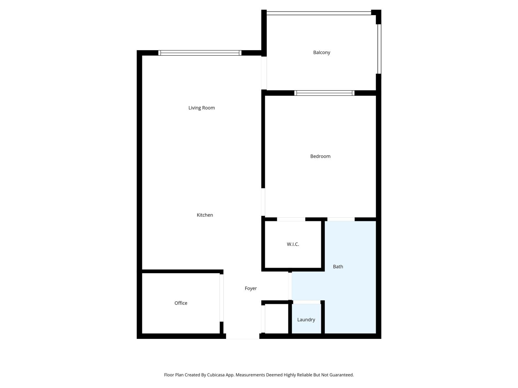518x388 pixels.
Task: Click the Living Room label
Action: tap(201, 108)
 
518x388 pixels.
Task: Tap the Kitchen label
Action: tap(205, 215)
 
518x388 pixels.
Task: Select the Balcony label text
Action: tap(321, 53)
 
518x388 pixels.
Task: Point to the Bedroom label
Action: tap(320, 156)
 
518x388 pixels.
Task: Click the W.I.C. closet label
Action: tap(293, 244)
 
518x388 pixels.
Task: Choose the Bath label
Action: tap(338, 267)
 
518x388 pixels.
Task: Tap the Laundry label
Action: tap(306, 320)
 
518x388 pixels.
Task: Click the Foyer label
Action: tap(251, 288)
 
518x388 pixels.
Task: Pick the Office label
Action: tap(181, 303)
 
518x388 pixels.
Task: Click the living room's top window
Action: tap(200, 53)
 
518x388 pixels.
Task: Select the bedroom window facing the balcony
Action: tap(324, 93)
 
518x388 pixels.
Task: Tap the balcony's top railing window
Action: tap(319, 13)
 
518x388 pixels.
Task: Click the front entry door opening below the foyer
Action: tap(242, 337)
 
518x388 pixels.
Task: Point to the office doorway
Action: tap(221, 298)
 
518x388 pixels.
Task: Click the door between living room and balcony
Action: tap(264, 73)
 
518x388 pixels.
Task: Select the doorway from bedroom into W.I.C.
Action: tap(291, 219)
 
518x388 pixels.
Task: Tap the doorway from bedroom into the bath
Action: tap(341, 219)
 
